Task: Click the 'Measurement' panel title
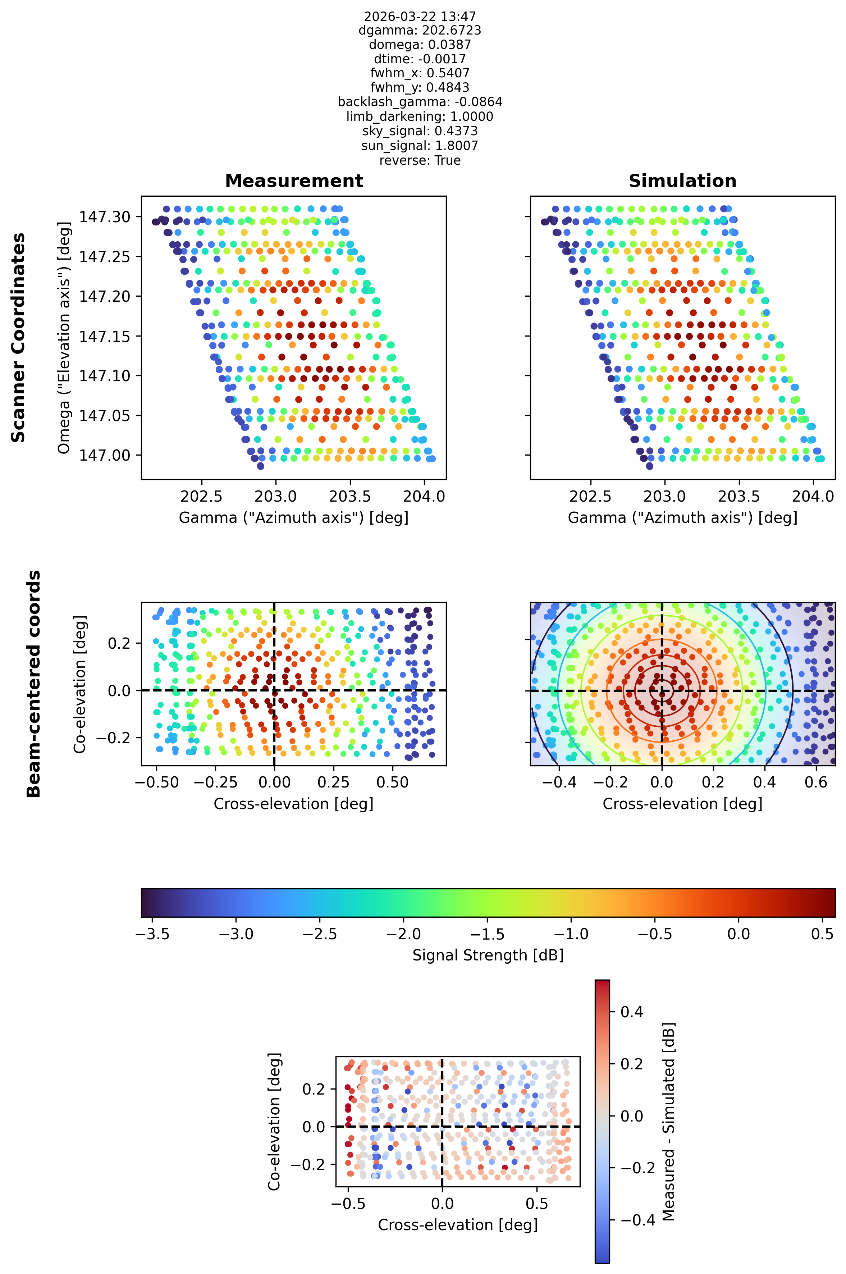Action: pyautogui.click(x=294, y=181)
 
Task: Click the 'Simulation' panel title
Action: pyautogui.click(x=682, y=181)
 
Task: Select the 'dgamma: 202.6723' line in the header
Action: pyautogui.click(x=420, y=30)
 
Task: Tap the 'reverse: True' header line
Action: pyautogui.click(x=420, y=160)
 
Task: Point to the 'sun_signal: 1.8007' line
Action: pyautogui.click(x=420, y=146)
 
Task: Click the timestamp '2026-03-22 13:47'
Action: pyautogui.click(x=420, y=16)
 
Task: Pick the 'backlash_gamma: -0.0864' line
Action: pyautogui.click(x=420, y=102)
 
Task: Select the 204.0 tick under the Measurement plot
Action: pyautogui.click(x=424, y=496)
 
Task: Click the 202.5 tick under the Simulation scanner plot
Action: pyautogui.click(x=591, y=496)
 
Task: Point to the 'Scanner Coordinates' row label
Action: pyautogui.click(x=18, y=338)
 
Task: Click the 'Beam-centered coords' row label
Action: pyautogui.click(x=33, y=684)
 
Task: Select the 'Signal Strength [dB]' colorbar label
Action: pyautogui.click(x=488, y=955)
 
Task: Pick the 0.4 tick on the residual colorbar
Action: pyautogui.click(x=632, y=1012)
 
